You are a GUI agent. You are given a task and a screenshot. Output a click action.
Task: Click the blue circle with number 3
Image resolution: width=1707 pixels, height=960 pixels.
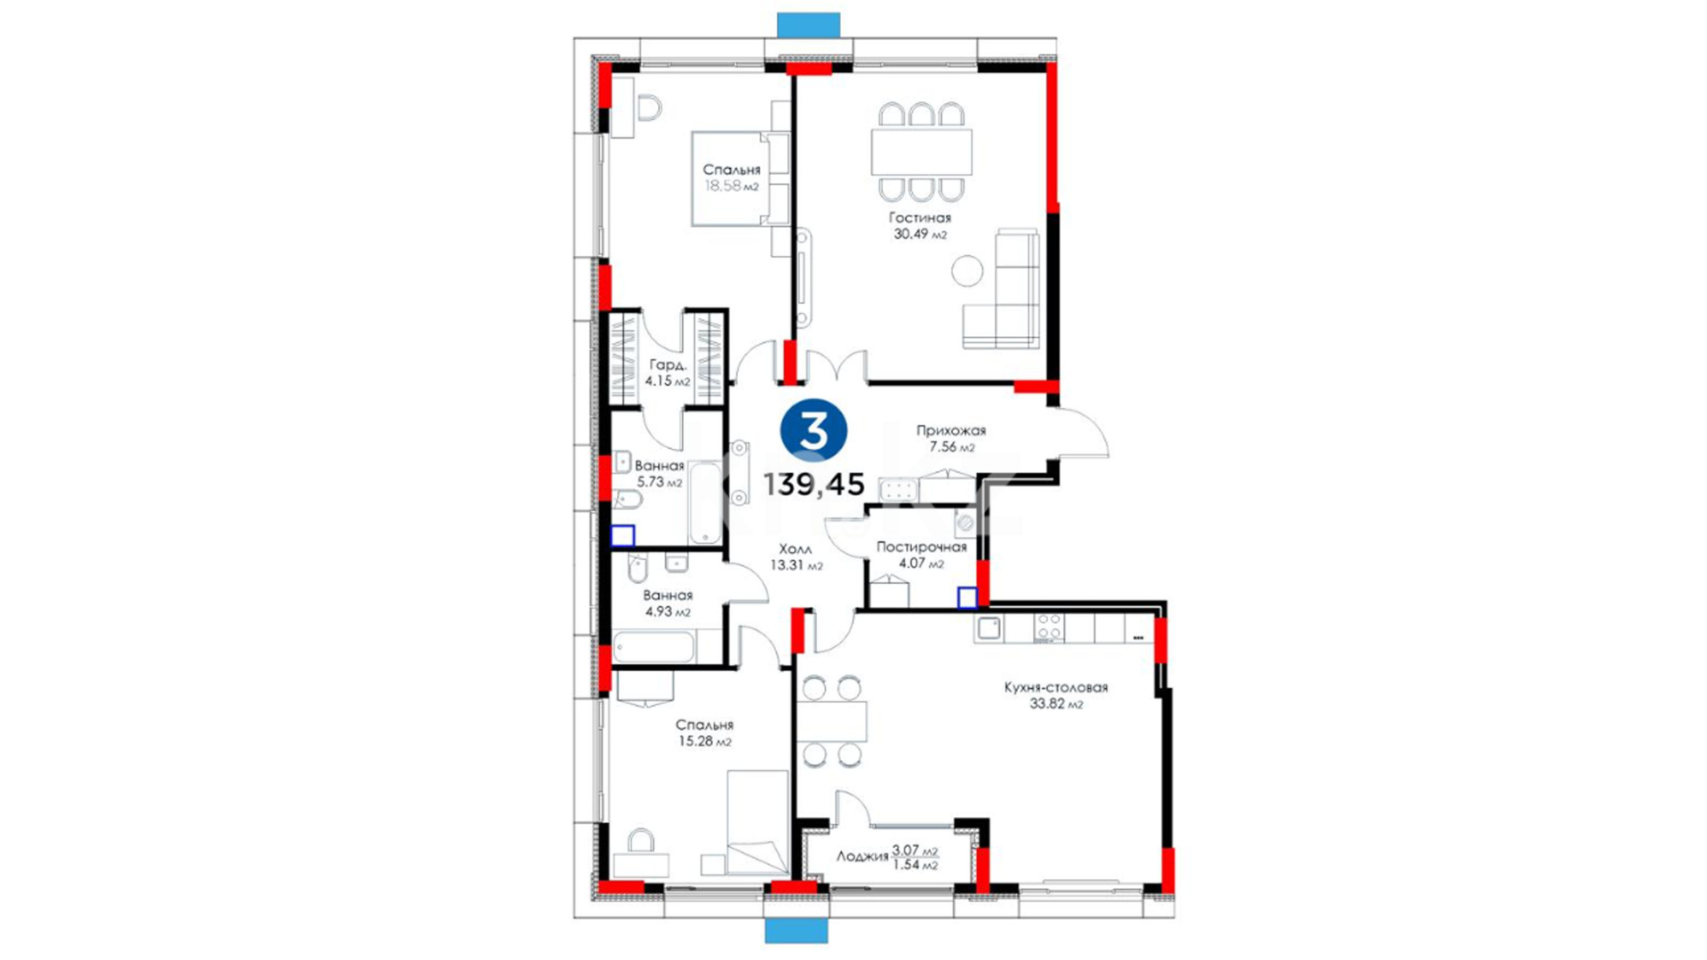point(813,430)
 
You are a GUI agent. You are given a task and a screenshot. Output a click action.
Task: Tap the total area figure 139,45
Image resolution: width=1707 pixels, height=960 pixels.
point(813,484)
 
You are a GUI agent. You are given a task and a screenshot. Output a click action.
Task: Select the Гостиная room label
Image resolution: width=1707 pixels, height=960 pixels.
point(920,218)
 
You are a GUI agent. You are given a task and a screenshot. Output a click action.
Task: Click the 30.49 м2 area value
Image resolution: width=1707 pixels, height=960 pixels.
point(920,235)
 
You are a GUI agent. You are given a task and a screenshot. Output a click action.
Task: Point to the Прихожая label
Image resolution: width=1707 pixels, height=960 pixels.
point(951,430)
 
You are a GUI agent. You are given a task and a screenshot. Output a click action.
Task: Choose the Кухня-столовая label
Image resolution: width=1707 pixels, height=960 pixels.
point(1056,687)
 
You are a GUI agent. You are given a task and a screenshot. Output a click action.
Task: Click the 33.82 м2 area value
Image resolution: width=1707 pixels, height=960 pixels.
point(1056,704)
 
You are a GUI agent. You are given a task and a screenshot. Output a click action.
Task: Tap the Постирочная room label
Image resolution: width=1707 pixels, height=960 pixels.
point(921,548)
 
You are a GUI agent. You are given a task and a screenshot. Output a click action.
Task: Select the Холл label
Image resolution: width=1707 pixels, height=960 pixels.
point(795,549)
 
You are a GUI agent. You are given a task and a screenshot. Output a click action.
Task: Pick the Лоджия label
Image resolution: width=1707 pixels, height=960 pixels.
point(862,856)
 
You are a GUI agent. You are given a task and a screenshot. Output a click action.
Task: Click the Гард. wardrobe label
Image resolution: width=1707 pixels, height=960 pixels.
point(668,364)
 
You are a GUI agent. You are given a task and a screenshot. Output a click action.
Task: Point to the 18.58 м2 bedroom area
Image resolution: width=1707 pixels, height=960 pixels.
point(732,187)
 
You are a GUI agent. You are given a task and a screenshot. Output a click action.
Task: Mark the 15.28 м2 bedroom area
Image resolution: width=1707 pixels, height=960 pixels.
point(704,741)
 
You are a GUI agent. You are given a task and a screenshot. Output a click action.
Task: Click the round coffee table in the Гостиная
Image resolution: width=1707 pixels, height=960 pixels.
point(967,270)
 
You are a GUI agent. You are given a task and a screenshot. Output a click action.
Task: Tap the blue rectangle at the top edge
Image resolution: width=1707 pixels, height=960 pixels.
point(808,25)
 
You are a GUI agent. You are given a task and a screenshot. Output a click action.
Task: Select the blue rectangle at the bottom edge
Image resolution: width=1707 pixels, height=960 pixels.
point(797,931)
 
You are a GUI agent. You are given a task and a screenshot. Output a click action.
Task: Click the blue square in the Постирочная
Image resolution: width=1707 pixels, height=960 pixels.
point(967,597)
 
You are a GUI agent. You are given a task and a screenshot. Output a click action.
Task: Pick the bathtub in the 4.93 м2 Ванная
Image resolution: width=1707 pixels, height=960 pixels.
point(653,647)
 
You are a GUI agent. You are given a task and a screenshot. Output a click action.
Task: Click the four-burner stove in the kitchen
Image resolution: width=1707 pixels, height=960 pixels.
point(1048,628)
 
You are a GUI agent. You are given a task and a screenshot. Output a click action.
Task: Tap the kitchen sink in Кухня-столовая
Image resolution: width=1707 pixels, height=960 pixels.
point(989,628)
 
